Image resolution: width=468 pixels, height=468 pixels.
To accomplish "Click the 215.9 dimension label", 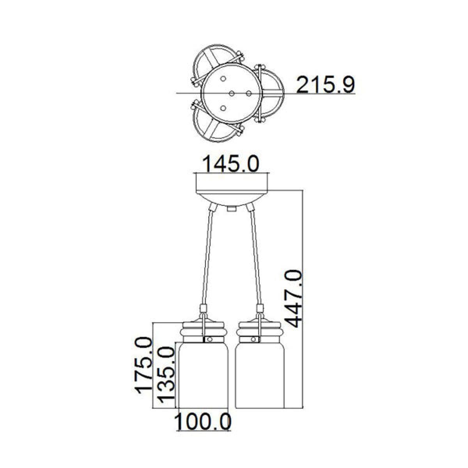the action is pos(326,85).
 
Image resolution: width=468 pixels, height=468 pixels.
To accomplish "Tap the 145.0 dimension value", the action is pos(231,164).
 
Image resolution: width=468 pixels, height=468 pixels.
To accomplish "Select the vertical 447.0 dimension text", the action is pos(293,299).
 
